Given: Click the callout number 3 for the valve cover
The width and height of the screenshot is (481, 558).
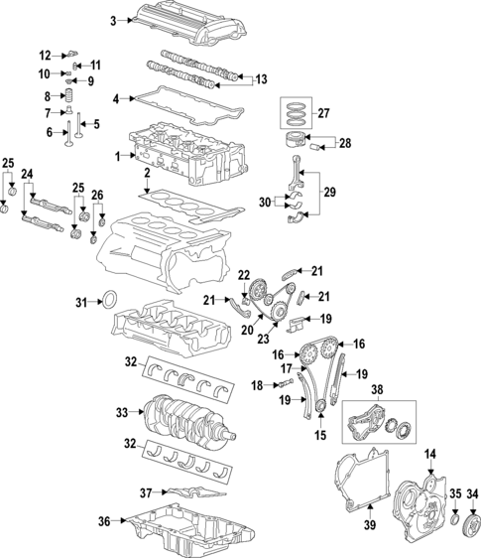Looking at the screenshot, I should (x=113, y=20).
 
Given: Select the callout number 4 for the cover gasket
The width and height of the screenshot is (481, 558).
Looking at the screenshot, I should (x=116, y=99).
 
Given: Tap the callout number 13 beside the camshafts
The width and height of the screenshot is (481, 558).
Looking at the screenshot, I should (x=262, y=78).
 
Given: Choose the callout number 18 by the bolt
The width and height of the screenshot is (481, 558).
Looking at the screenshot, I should (x=255, y=384).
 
